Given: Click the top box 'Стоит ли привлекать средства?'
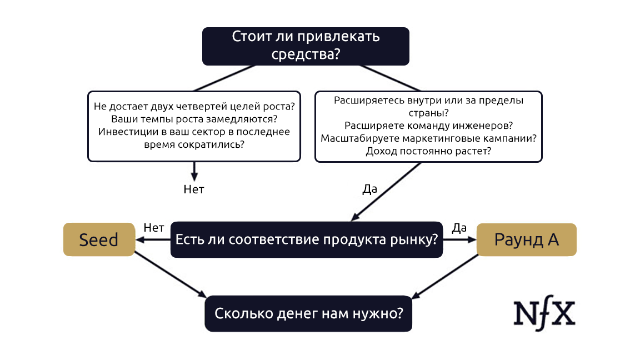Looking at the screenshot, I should [x=306, y=46].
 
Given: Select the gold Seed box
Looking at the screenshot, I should [x=99, y=239].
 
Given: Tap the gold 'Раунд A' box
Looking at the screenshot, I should [x=527, y=239].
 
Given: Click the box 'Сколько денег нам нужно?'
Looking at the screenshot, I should [x=309, y=313].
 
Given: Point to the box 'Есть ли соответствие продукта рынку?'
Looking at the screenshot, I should [x=307, y=240].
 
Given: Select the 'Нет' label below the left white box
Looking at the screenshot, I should [x=194, y=189].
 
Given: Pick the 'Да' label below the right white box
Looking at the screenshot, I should [x=369, y=189].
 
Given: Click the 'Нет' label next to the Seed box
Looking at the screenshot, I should [x=154, y=227].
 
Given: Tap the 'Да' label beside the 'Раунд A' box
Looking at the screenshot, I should [x=459, y=227].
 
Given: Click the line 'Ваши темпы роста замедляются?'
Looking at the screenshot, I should [x=194, y=119].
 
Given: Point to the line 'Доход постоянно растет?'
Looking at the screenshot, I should [x=428, y=151].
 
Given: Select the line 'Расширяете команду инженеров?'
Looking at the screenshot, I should [x=428, y=126].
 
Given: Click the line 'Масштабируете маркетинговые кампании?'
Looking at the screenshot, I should [x=428, y=138].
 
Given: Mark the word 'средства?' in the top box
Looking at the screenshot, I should [x=306, y=54].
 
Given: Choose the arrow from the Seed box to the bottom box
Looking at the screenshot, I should [x=171, y=276].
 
